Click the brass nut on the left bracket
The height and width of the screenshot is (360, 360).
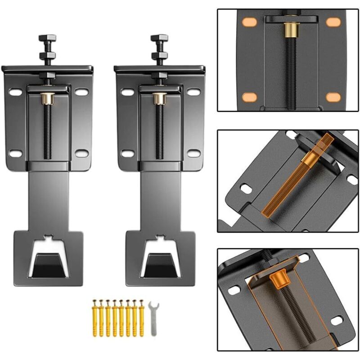pyautogui.click(x=47, y=98)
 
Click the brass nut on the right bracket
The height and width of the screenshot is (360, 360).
pyautogui.click(x=159, y=98)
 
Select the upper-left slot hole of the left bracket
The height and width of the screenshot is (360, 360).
pyautogui.click(x=15, y=92)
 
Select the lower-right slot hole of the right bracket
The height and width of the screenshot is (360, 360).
pyautogui.click(x=193, y=153)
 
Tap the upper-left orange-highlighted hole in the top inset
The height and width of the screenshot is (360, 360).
pyautogui.click(x=248, y=22)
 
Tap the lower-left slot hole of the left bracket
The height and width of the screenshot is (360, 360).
pyautogui.click(x=15, y=153)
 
